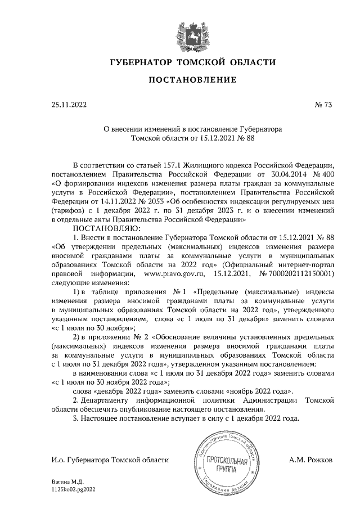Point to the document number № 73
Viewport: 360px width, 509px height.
point(323,105)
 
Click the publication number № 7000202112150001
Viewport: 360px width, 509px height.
point(296,273)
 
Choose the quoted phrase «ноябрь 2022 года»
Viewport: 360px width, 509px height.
point(257,391)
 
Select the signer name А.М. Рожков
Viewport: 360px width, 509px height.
point(310,460)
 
